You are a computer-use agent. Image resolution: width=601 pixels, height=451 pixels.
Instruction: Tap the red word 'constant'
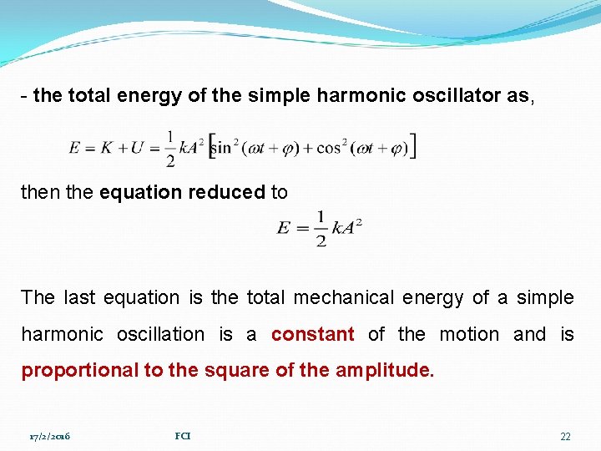pos(313,334)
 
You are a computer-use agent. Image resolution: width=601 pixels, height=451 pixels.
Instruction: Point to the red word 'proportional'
pos(80,370)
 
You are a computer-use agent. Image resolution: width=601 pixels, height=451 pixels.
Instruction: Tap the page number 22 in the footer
pos(565,437)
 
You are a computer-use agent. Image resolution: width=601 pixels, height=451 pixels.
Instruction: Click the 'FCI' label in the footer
pos(182,436)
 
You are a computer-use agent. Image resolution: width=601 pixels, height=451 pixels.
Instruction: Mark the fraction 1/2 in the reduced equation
pos(320,229)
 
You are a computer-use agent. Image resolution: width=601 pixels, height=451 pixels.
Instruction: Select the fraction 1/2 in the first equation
pos(170,148)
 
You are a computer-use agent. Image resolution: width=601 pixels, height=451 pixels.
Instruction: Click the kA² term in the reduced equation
pos(346,228)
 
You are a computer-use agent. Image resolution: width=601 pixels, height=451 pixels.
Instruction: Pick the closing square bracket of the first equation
pos(412,146)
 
